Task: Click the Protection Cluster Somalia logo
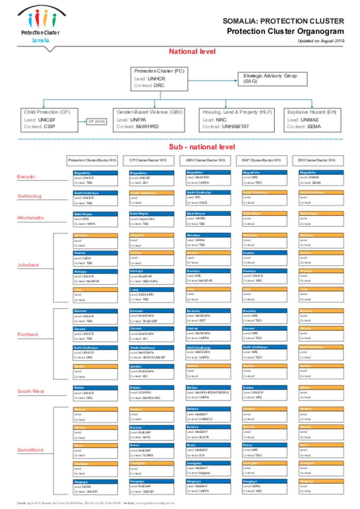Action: [x=41, y=25]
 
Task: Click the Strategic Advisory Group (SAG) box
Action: [x=272, y=79]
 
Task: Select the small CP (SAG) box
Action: [x=96, y=122]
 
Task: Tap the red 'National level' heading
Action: [x=192, y=52]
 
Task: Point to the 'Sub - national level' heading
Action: [x=202, y=147]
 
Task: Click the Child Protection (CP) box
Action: [x=49, y=120]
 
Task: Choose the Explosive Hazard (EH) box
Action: [x=312, y=120]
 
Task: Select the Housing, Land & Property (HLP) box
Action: [x=237, y=120]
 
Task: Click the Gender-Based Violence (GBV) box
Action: [x=149, y=120]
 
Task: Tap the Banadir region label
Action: [x=26, y=177]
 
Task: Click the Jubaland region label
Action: [x=28, y=265]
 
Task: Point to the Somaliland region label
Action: [x=31, y=450]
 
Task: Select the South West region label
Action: [x=31, y=391]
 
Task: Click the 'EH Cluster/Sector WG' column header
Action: [x=318, y=161]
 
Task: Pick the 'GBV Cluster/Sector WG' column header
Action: [x=206, y=161]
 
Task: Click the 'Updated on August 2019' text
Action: [x=321, y=41]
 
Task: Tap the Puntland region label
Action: [x=28, y=334]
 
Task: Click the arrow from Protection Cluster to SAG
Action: [x=212, y=80]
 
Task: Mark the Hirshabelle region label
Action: [x=31, y=218]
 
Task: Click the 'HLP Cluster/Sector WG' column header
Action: [x=262, y=161]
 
